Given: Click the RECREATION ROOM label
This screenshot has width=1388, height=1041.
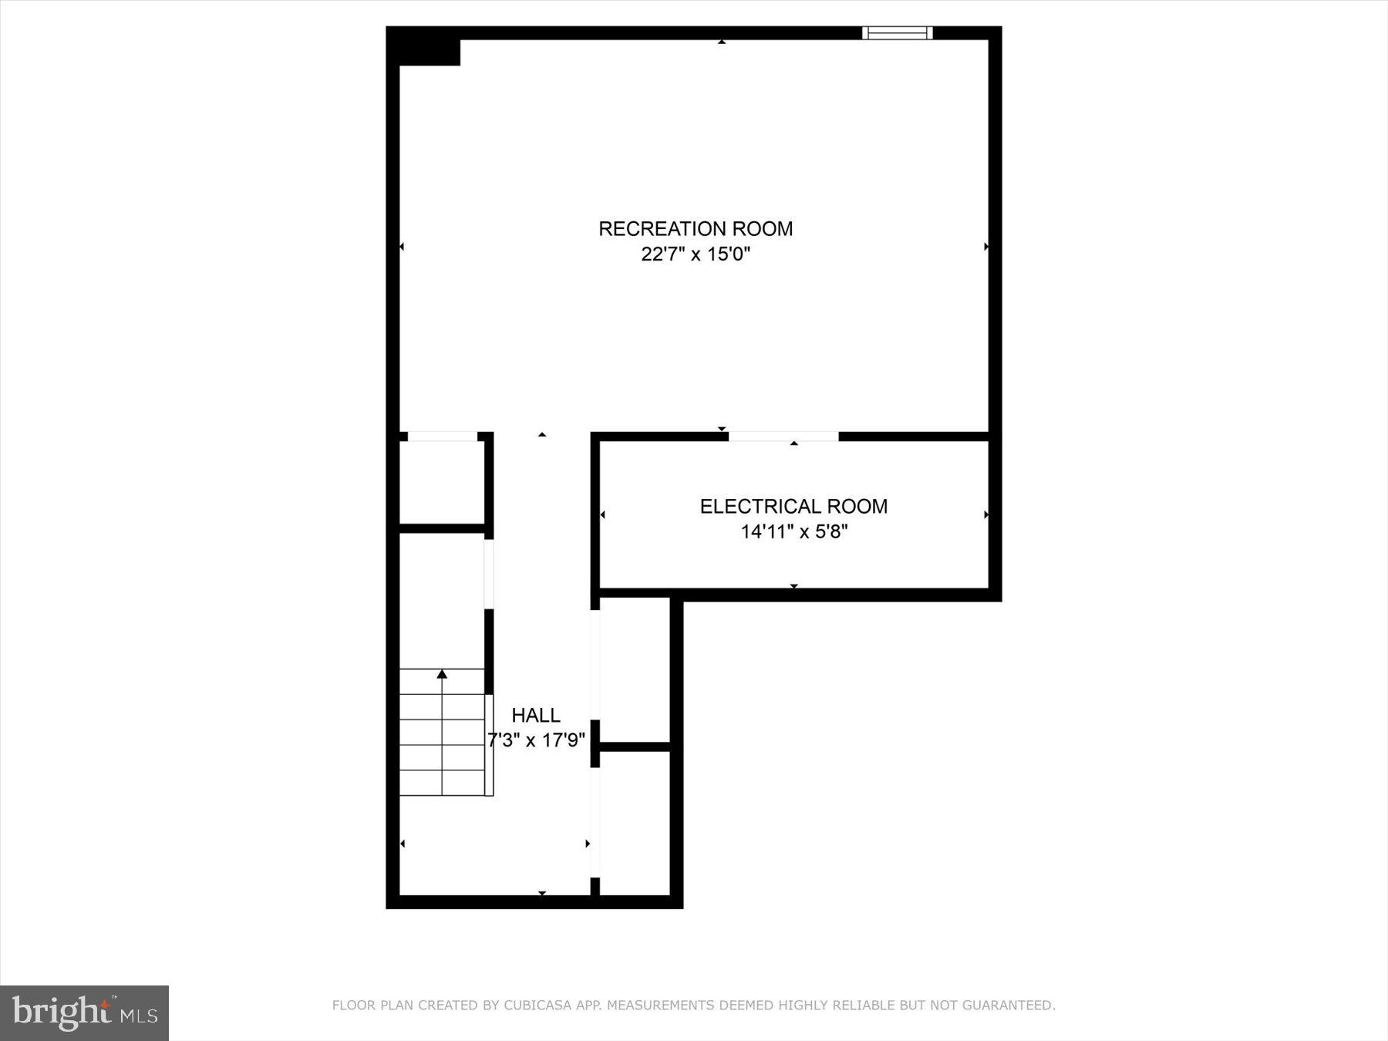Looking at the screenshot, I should tap(696, 229).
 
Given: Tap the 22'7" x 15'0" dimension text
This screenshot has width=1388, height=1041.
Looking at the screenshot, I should tap(696, 254).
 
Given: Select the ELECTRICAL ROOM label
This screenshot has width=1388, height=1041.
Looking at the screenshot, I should tap(793, 507).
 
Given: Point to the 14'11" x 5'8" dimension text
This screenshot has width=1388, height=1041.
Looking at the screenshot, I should tap(794, 532).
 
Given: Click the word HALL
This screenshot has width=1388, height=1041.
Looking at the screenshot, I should tap(536, 716).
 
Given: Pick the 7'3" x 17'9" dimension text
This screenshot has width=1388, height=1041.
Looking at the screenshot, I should tap(536, 741).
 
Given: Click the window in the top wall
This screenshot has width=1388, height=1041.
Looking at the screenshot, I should tap(897, 33).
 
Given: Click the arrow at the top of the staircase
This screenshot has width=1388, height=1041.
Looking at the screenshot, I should tap(442, 675).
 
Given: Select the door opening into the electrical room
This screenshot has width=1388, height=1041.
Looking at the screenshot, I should tap(783, 437).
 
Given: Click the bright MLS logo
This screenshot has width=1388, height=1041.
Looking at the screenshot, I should tap(84, 1012).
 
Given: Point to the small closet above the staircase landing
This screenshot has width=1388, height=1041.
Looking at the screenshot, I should tap(441, 482).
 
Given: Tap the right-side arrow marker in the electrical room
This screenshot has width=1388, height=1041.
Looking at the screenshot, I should tap(986, 515).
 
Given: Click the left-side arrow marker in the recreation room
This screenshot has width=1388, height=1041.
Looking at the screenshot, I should tap(402, 247).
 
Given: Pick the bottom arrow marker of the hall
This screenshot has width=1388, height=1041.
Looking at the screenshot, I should tap(542, 893).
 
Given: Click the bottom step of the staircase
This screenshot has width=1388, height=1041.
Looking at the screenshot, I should tap(442, 782).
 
